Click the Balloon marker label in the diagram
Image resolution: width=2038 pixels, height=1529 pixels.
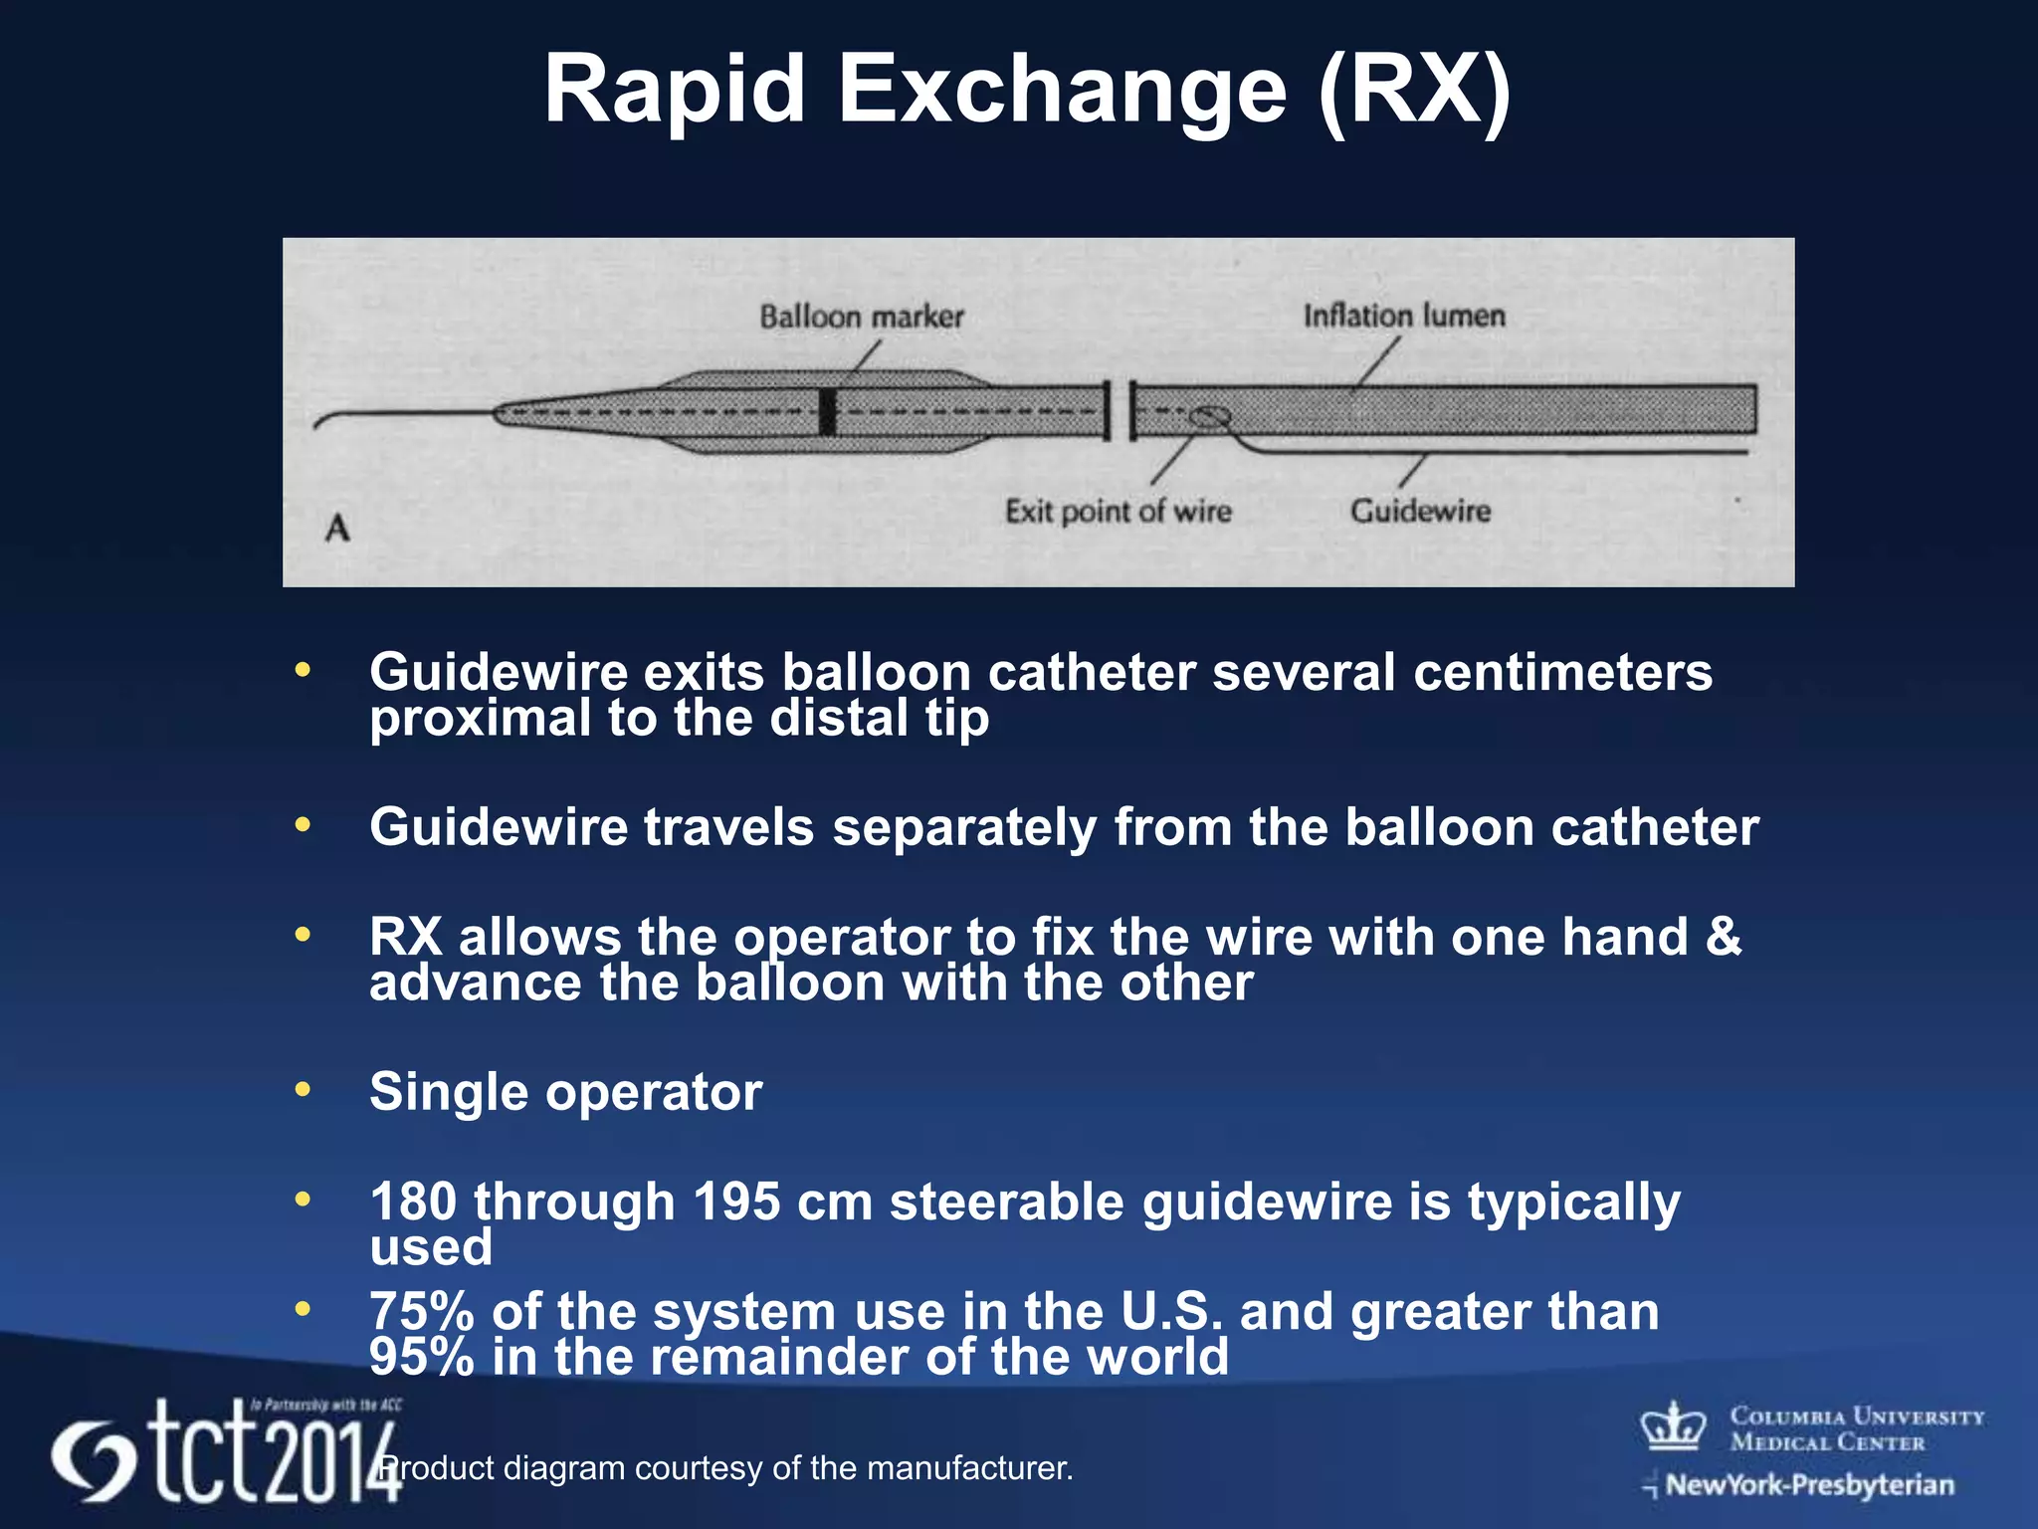coord(862,317)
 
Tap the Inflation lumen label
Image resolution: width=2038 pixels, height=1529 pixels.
coord(1404,316)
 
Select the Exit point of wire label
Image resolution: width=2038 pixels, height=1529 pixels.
coord(1118,511)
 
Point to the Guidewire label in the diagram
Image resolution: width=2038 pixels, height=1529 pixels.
coord(1420,511)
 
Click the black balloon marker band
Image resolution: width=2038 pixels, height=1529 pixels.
coord(827,411)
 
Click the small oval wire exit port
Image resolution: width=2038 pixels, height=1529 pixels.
coord(1210,416)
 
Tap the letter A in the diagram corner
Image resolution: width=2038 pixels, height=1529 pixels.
coord(337,528)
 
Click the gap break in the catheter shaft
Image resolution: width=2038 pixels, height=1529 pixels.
coord(1121,410)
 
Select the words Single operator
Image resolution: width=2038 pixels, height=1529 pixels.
coord(565,1092)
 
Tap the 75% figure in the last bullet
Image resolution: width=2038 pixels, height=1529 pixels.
coord(421,1311)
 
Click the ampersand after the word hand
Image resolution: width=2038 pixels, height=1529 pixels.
coord(1724,937)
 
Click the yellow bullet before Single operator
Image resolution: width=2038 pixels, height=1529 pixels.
coord(303,1089)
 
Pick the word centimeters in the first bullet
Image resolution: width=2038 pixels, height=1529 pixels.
coord(1562,672)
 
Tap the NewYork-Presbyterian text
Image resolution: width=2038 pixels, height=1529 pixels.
coord(1808,1485)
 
